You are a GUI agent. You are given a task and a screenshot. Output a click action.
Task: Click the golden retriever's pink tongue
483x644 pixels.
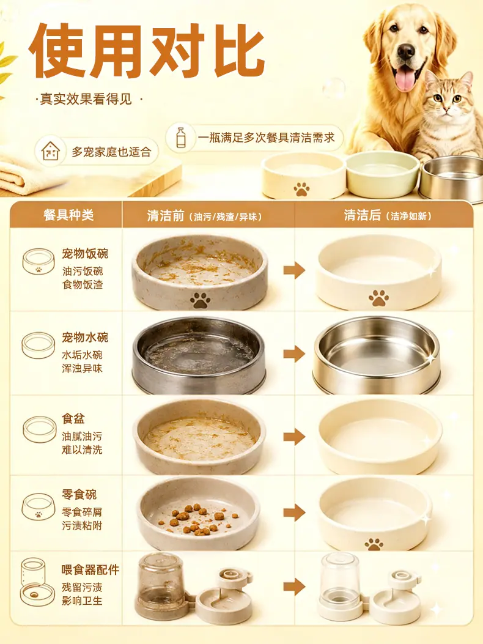(x=406, y=78)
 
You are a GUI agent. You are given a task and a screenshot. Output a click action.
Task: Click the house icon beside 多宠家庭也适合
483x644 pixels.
(x=51, y=152)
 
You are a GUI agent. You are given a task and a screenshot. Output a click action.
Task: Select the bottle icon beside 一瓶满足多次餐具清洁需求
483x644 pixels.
(x=180, y=138)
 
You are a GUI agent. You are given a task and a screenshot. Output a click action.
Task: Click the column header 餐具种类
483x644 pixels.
(x=68, y=215)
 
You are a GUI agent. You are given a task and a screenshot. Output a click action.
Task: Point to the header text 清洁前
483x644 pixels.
(x=166, y=215)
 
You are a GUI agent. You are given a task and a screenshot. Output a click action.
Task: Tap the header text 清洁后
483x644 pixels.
(x=362, y=215)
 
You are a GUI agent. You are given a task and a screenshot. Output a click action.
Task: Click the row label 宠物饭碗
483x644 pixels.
(x=85, y=253)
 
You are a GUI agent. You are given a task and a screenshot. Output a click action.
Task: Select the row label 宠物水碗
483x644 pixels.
(x=85, y=337)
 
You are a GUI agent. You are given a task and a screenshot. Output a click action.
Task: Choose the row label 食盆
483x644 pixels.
(x=73, y=418)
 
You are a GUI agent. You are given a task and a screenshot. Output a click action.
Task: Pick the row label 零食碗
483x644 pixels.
(x=79, y=494)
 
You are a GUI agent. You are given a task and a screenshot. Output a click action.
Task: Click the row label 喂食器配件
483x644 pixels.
(x=90, y=569)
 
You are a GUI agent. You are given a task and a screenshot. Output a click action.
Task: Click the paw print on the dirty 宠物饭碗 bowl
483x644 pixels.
(x=200, y=300)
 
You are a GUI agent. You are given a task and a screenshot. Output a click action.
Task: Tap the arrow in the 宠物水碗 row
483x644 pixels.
(x=294, y=354)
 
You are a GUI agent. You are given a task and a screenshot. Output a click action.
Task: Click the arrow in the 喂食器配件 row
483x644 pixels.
(x=294, y=587)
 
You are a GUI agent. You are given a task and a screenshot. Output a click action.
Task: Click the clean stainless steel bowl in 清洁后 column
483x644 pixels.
(x=376, y=355)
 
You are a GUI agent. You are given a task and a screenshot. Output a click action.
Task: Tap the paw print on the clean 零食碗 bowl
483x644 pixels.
(x=374, y=544)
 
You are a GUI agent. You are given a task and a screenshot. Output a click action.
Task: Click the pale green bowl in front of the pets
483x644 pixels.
(x=382, y=174)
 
